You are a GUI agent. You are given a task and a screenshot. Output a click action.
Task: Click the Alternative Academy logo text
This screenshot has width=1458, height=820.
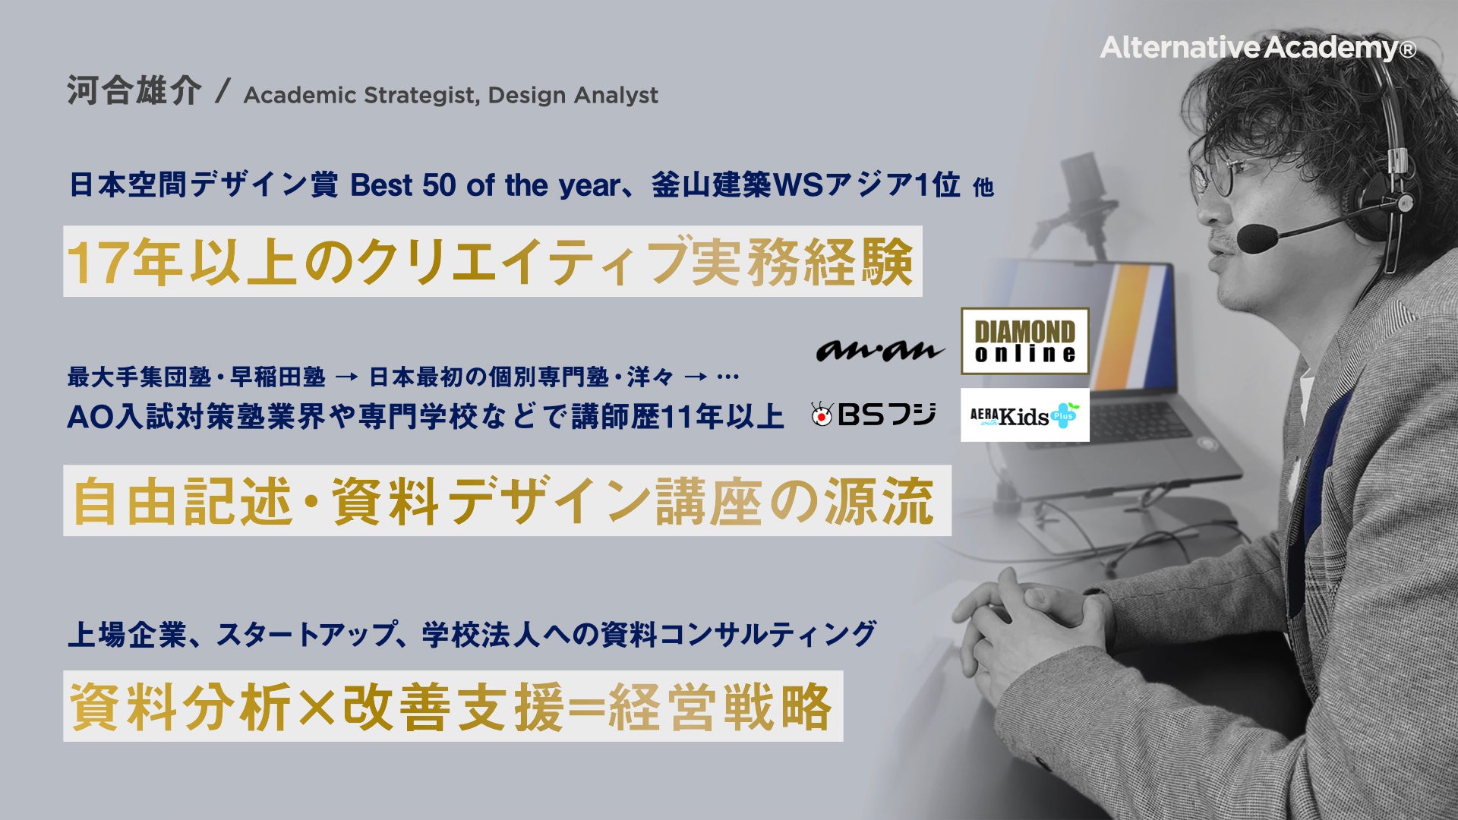1258,48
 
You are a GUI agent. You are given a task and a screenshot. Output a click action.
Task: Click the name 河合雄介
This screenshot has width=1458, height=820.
134,91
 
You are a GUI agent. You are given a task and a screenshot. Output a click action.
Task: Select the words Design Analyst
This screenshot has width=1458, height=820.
573,96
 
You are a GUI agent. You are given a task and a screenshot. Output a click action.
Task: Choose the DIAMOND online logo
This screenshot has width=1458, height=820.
1024,341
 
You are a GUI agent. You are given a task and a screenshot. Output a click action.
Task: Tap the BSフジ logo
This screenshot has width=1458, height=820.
873,414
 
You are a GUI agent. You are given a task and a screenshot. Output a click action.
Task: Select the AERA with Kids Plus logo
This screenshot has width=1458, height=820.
1024,415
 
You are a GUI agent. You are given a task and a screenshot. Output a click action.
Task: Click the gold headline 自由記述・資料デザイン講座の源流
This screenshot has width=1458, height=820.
503,501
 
